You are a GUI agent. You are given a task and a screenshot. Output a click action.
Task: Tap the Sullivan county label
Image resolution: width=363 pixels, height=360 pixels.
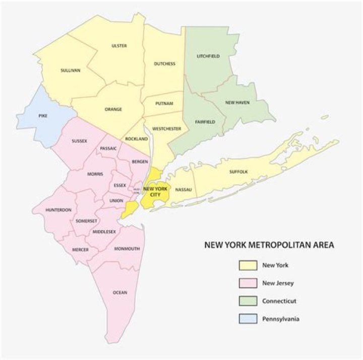coord(70,70)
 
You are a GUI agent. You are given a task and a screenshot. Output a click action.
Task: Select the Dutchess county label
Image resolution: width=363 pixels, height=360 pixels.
coord(165,63)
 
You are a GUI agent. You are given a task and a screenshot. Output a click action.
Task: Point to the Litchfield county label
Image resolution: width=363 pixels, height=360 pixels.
coord(208,56)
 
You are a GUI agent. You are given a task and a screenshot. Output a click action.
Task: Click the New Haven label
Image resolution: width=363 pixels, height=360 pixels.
coord(237,102)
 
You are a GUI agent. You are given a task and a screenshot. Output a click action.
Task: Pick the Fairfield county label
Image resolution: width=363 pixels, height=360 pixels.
coord(205,122)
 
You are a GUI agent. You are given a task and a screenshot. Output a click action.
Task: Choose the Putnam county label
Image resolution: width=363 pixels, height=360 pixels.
coord(164,103)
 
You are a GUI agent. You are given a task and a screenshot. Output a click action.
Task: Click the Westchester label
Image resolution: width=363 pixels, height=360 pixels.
coord(166,129)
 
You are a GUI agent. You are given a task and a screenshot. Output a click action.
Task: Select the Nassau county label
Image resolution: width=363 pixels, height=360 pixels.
coord(184,189)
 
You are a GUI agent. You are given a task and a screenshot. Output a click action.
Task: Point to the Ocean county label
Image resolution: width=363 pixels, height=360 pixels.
coord(120,292)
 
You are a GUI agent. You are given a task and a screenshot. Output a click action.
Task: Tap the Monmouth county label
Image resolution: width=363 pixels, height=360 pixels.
coord(127,249)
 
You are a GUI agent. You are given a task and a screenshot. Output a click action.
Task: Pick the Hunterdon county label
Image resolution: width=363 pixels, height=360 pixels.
coord(58,209)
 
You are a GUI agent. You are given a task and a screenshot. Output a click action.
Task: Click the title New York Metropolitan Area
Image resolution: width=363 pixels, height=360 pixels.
coord(269,246)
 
